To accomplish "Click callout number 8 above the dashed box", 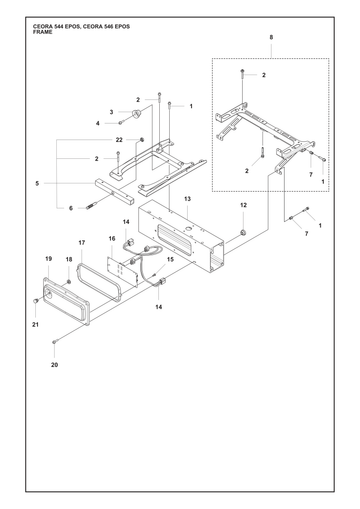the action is (271, 37).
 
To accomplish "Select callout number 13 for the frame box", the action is (187, 199).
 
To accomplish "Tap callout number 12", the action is (243, 205).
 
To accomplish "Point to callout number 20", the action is (54, 365).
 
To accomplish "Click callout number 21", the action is (35, 324).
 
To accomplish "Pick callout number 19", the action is (49, 259).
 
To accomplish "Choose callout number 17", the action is (82, 243).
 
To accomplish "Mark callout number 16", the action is (112, 238).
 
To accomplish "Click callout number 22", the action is (119, 140).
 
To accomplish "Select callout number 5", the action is (37, 183).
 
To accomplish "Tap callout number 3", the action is (111, 112).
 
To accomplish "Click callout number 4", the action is (98, 123).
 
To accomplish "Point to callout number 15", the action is (170, 259).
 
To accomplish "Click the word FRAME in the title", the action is (43, 32).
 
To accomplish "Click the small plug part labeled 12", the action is (243, 232).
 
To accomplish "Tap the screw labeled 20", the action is (55, 341).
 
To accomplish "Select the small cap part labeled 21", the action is (35, 301).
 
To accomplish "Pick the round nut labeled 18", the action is (69, 282).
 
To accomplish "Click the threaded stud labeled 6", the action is (91, 207).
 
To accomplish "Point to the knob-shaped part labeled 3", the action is (136, 114).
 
